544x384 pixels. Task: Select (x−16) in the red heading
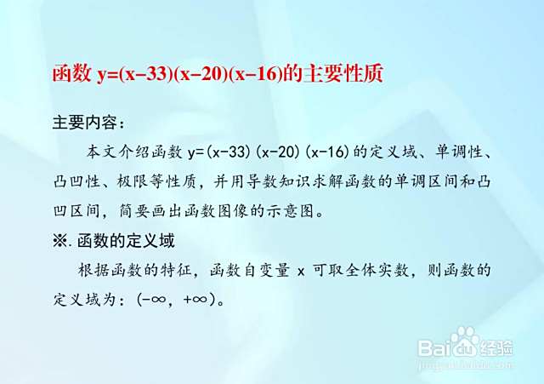click(x=256, y=74)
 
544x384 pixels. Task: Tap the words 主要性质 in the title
click(x=343, y=74)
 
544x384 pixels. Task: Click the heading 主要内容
click(x=85, y=123)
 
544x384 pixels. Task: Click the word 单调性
click(x=459, y=152)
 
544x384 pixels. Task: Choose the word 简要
click(x=134, y=211)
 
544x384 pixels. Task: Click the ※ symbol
click(x=59, y=240)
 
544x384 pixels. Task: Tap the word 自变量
click(x=266, y=270)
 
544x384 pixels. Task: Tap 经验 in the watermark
click(x=496, y=347)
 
